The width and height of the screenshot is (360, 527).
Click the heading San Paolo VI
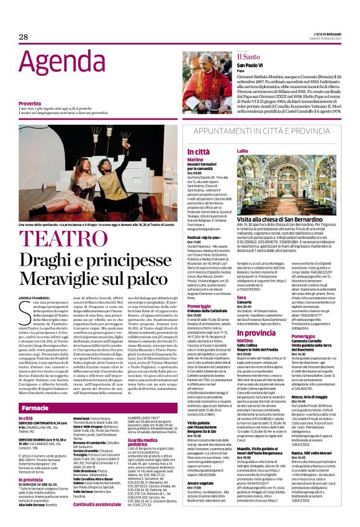[251, 65]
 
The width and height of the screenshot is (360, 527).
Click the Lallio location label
[242, 151]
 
